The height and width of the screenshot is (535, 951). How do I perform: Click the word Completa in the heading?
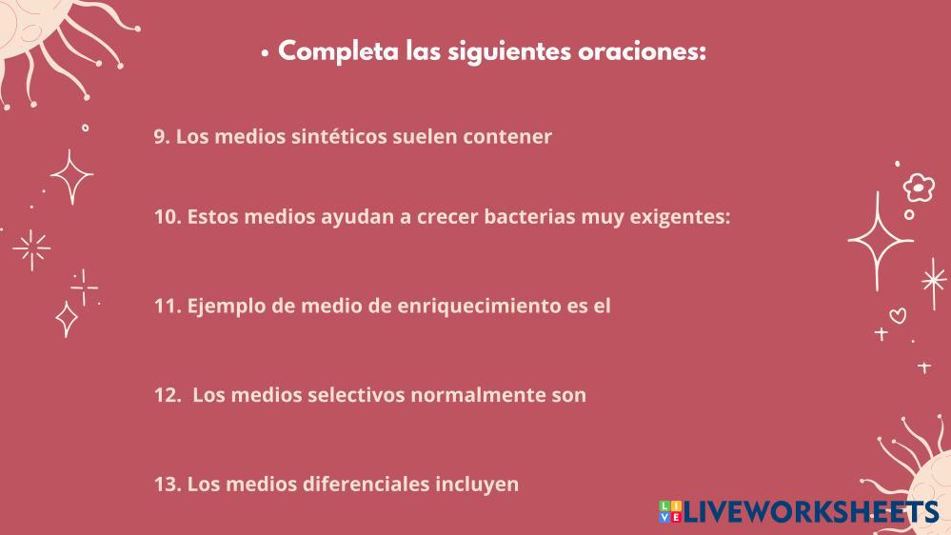click(x=339, y=51)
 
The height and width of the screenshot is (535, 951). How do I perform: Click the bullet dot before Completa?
click(x=265, y=53)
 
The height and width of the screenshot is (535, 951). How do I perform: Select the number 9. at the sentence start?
click(x=161, y=136)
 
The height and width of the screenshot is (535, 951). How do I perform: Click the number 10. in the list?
click(x=168, y=216)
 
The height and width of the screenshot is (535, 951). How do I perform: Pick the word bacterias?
click(x=529, y=216)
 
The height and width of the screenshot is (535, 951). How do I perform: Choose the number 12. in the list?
click(x=168, y=395)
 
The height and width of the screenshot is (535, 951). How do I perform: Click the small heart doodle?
click(x=899, y=316)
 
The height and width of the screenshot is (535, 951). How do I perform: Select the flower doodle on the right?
click(x=919, y=188)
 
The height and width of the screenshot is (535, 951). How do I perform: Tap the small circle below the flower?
click(x=909, y=215)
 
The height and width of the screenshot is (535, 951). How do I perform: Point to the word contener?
click(x=507, y=136)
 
